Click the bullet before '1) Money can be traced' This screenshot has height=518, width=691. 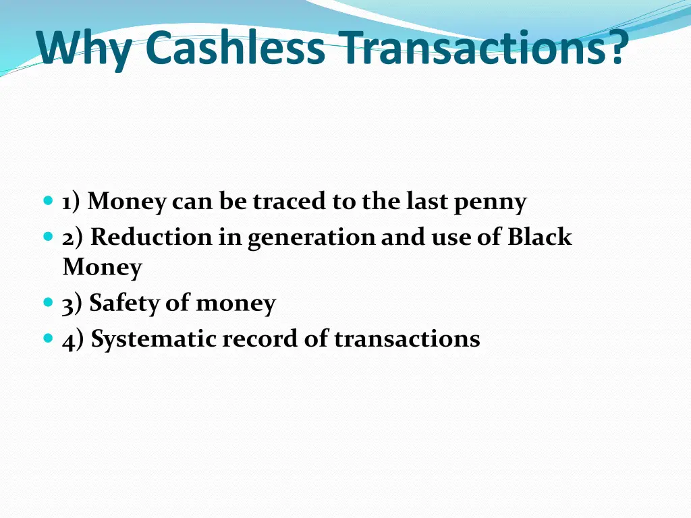[47, 201]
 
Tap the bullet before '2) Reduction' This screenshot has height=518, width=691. [47, 237]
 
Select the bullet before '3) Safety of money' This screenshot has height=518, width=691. [47, 304]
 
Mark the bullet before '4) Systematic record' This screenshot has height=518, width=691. [47, 339]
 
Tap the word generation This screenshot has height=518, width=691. [310, 238]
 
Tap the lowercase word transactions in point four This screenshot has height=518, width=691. [407, 339]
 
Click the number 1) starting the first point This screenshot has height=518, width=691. [72, 202]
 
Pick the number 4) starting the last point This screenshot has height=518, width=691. [74, 339]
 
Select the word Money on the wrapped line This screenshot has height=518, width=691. [102, 268]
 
